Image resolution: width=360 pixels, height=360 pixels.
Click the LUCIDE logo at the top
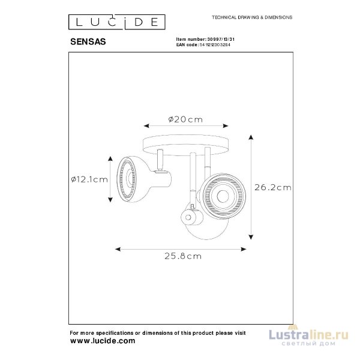[x=116, y=23]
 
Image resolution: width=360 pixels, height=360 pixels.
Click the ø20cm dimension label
[x=185, y=119]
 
